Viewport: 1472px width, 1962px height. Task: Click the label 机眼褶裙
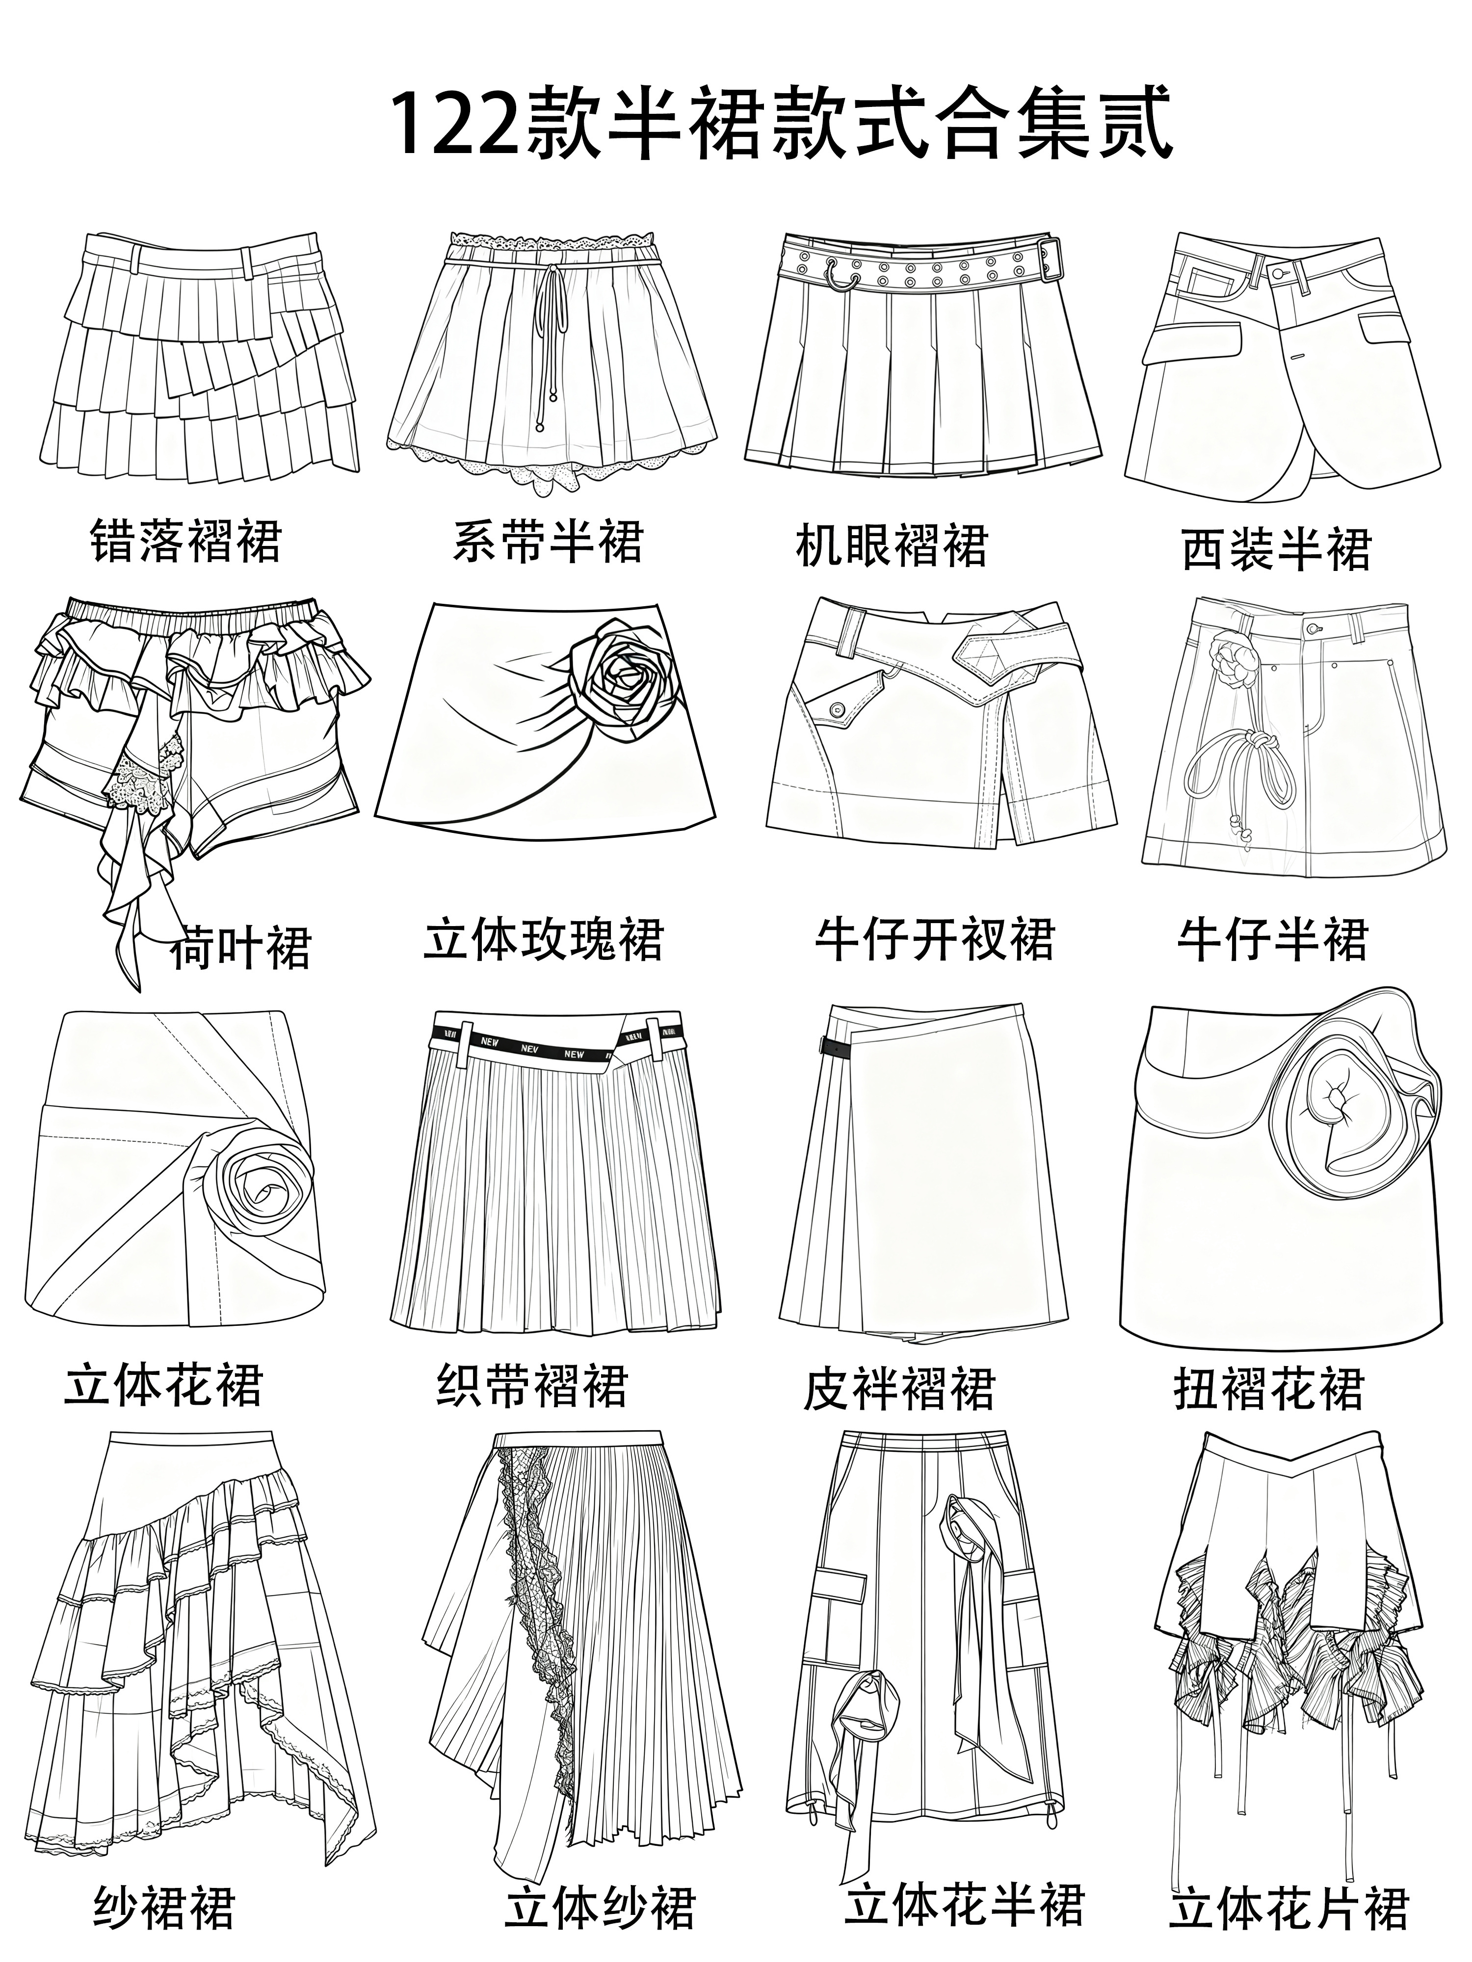(891, 544)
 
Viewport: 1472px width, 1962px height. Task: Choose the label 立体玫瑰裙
(543, 940)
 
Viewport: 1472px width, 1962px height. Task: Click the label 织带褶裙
(532, 1386)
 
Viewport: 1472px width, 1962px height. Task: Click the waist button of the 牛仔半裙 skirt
(1313, 628)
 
